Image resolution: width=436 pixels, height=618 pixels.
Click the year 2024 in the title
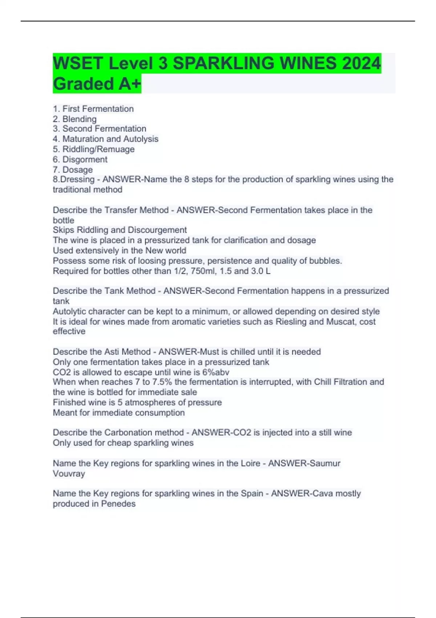[361, 64]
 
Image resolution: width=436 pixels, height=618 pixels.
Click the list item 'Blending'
[79, 119]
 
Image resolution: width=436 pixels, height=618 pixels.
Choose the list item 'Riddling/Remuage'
[98, 149]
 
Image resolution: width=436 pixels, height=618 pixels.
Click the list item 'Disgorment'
[85, 159]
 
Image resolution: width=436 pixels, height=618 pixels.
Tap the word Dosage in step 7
[77, 169]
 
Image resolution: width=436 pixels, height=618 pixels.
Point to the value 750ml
[202, 271]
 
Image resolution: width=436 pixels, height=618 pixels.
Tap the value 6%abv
[216, 372]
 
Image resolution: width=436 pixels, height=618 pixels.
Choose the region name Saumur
[324, 463]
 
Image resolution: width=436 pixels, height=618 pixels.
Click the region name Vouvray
[69, 473]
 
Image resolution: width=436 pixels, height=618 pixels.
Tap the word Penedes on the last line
[118, 504]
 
